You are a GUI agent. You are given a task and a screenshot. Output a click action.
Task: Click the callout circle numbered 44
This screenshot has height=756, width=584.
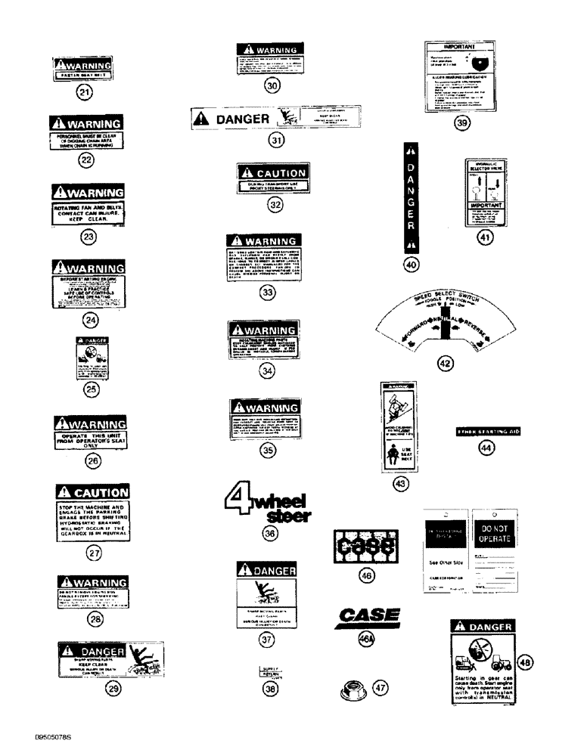pyautogui.click(x=487, y=449)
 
